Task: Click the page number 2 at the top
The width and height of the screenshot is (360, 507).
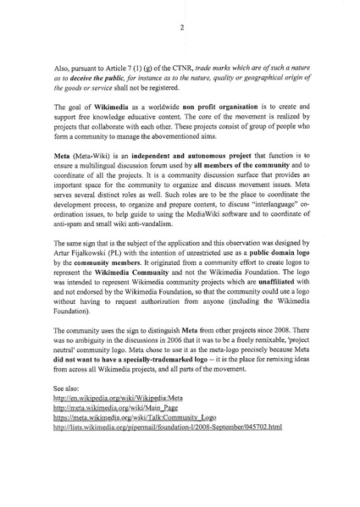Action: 180,26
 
